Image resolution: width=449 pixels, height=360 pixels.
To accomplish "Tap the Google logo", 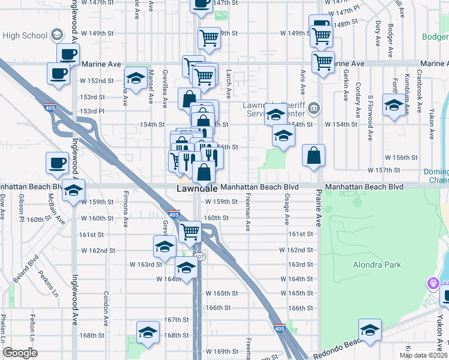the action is [20, 353].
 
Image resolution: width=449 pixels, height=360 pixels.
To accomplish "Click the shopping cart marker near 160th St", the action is [190, 231].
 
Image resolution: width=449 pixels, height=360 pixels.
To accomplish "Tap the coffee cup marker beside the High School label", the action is [68, 53].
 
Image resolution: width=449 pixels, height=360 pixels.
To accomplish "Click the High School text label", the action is [25, 35].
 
